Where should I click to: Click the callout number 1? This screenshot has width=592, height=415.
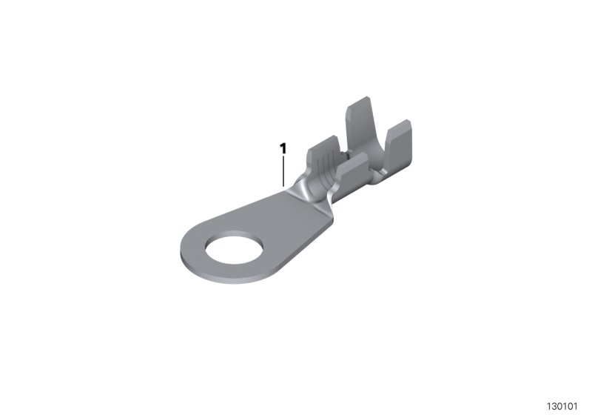(283, 149)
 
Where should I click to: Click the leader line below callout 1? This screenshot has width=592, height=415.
(283, 170)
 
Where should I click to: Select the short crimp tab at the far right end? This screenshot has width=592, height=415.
(400, 145)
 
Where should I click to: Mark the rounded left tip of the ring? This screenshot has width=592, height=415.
(183, 252)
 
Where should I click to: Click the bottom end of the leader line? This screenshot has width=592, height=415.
(283, 185)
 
